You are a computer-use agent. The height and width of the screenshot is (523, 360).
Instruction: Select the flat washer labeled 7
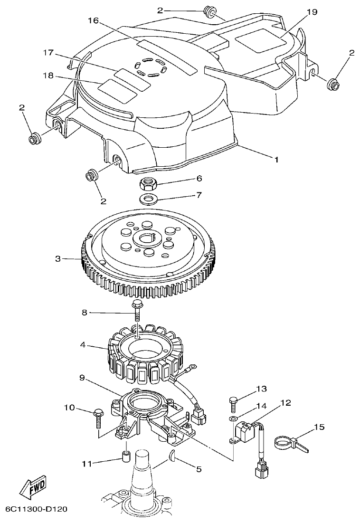pyautogui.click(x=149, y=197)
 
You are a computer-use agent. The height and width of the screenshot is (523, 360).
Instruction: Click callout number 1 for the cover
pyautogui.click(x=276, y=159)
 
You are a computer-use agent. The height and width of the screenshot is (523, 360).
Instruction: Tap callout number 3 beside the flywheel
pyautogui.click(x=58, y=259)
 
